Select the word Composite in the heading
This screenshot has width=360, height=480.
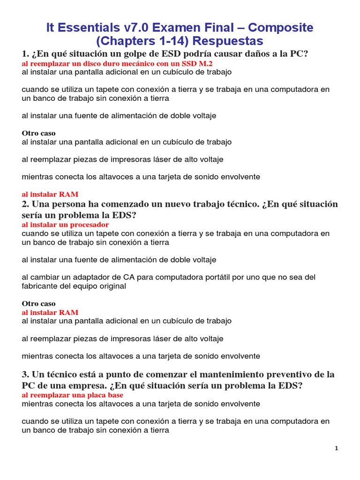(280, 28)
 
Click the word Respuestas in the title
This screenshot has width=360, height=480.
(228, 41)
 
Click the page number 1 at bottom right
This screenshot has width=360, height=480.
(336, 449)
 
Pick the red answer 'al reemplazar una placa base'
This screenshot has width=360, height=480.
(72, 395)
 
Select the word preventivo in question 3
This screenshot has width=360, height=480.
(293, 375)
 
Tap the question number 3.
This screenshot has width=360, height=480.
(25, 375)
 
